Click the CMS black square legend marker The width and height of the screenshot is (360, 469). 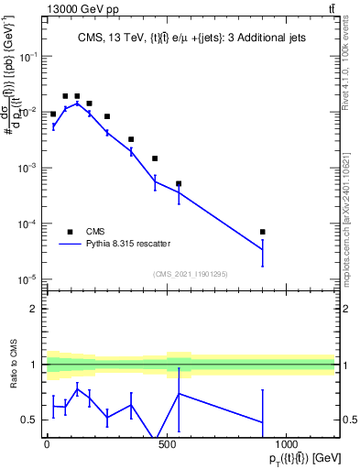[71, 232]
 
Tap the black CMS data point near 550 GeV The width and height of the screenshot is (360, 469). [179, 184]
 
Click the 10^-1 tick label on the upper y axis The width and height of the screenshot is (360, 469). [28, 57]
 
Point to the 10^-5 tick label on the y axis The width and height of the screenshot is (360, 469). [28, 279]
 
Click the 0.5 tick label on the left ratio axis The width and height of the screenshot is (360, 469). [30, 420]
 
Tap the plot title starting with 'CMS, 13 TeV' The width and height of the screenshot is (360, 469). [191, 38]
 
